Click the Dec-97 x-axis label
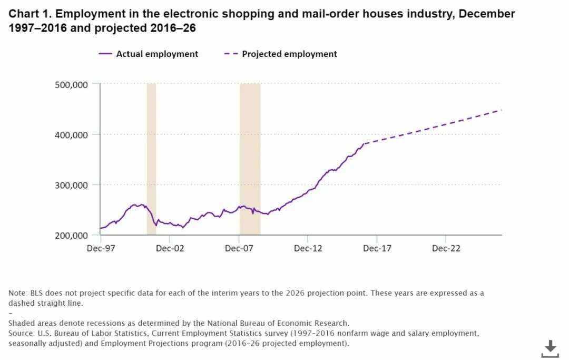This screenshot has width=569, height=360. pyautogui.click(x=100, y=248)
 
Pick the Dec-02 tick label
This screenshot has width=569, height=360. pyautogui.click(x=170, y=248)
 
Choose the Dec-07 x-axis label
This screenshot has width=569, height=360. pyautogui.click(x=239, y=248)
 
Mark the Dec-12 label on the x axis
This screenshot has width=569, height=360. pyautogui.click(x=308, y=248)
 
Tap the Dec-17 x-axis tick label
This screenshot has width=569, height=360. pyautogui.click(x=377, y=248)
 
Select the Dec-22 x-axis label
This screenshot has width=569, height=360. pyautogui.click(x=446, y=248)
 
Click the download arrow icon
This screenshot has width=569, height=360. pyautogui.click(x=550, y=348)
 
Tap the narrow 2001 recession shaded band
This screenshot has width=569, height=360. pyautogui.click(x=151, y=158)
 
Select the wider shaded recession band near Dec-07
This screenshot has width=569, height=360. pyautogui.click(x=250, y=158)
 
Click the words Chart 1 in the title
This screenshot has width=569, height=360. pyautogui.click(x=30, y=14)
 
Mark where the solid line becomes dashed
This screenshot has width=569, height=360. pyautogui.click(x=364, y=143)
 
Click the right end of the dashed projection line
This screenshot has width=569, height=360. pyautogui.click(x=501, y=110)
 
